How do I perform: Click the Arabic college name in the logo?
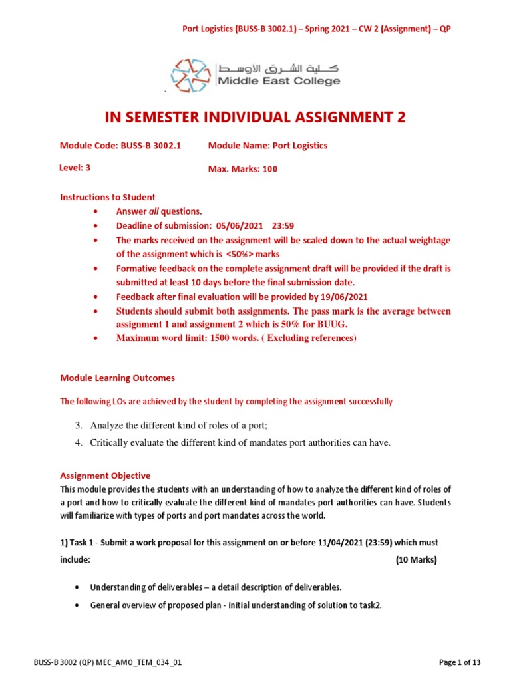click(x=278, y=67)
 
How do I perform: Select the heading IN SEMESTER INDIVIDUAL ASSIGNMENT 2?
click(x=255, y=118)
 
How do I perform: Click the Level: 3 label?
click(x=75, y=168)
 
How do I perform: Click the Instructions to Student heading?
click(x=108, y=197)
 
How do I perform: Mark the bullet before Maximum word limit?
click(x=97, y=339)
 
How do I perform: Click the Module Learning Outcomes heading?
click(x=117, y=378)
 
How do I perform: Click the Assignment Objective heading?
click(x=105, y=476)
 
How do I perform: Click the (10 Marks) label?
click(x=416, y=560)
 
